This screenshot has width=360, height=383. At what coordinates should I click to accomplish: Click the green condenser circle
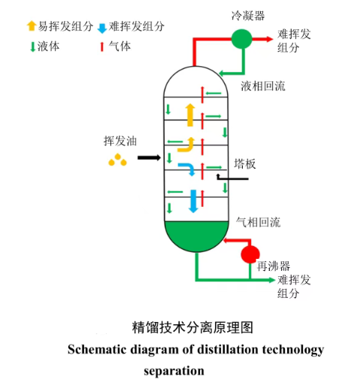241,38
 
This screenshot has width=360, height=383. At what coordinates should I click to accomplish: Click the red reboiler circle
250,254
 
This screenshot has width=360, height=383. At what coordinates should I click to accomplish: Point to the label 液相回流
263,86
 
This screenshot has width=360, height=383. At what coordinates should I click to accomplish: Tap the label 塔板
245,163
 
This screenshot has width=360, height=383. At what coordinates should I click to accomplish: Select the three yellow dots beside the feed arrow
116,160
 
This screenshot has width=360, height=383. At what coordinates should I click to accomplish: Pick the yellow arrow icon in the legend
31,26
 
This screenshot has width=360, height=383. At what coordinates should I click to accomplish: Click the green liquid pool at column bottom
196,235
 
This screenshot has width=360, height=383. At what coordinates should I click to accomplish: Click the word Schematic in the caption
93,350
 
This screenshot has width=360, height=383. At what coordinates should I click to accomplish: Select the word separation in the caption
174,370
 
